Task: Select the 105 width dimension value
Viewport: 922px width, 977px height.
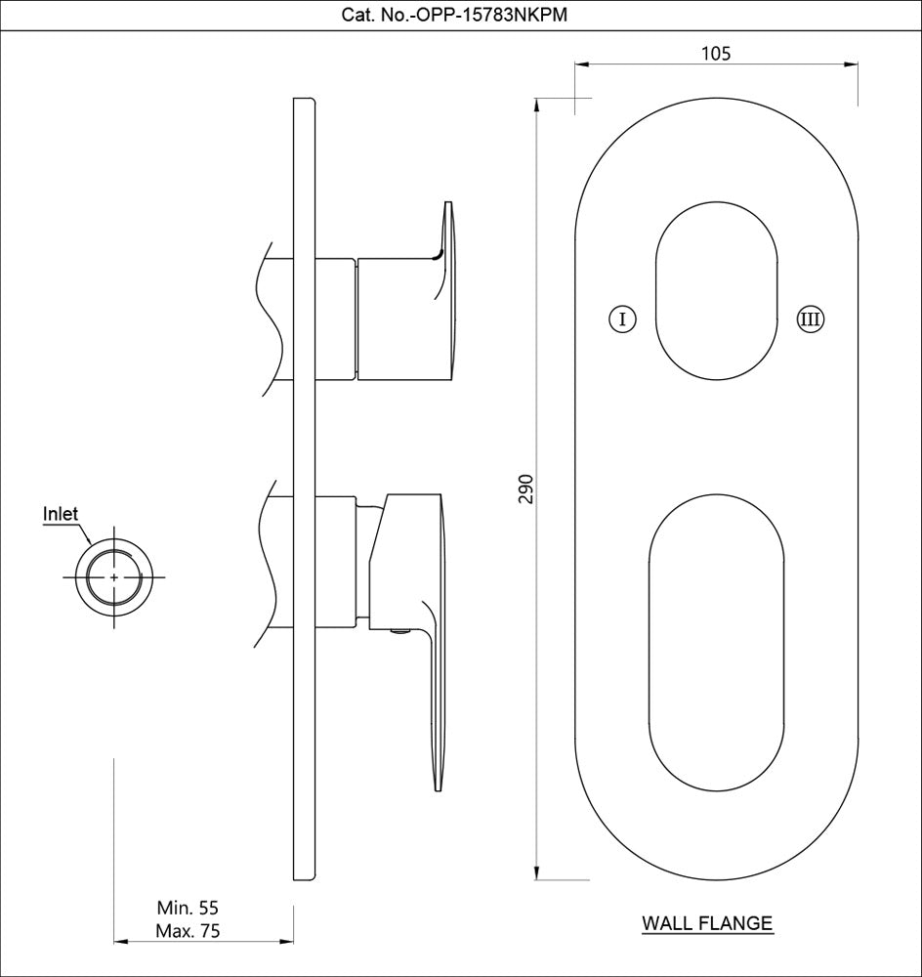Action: [716, 53]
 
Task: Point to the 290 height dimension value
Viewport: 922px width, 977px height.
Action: [525, 488]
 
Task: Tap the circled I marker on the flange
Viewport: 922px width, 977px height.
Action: [622, 319]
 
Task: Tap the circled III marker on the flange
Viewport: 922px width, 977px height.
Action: [811, 319]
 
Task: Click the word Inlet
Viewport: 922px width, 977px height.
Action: [61, 514]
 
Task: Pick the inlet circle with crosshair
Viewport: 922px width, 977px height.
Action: [115, 577]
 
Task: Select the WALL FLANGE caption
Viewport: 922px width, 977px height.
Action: [707, 922]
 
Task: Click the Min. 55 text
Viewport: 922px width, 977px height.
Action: [188, 909]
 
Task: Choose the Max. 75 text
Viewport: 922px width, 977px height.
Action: [188, 931]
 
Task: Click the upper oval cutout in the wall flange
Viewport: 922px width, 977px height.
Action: [716, 290]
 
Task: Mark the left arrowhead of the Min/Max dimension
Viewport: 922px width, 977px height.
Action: [121, 942]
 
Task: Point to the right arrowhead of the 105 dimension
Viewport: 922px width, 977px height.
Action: [852, 65]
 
